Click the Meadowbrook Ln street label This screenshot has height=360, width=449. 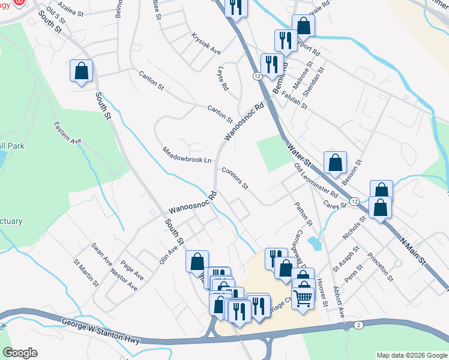click(x=187, y=155)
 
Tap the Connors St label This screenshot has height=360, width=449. click(x=235, y=178)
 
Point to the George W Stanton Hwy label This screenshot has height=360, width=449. click(x=101, y=332)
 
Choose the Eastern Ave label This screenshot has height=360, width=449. click(x=67, y=133)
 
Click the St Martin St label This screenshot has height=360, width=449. click(x=86, y=271)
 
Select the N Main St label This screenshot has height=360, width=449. click(x=413, y=250)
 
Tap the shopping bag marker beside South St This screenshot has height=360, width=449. click(x=81, y=71)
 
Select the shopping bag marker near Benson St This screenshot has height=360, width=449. click(x=335, y=162)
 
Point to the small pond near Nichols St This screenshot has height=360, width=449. click(x=313, y=242)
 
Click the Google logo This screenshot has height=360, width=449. click(x=20, y=353)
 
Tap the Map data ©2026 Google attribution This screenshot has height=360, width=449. click(x=412, y=355)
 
